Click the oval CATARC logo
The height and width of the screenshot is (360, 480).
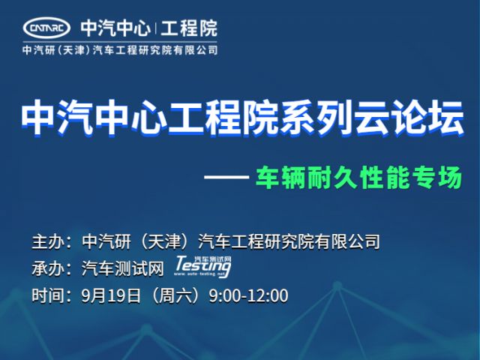(46, 28)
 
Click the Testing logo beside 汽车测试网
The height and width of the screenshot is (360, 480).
(202, 267)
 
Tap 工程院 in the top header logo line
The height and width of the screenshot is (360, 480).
(189, 28)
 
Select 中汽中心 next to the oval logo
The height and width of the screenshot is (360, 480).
(115, 28)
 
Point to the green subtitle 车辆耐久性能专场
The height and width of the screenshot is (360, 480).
(358, 178)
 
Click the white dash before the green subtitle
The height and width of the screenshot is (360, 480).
(226, 177)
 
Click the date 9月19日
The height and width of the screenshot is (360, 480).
(111, 295)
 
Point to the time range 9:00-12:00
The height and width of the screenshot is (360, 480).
(248, 296)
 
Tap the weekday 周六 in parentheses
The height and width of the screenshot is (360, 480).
(175, 295)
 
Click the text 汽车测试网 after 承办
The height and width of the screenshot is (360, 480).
(123, 268)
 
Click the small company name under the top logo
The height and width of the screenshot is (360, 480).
(120, 49)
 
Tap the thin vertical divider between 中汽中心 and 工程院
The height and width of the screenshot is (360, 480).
(155, 28)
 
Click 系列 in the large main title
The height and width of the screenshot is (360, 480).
(318, 118)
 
